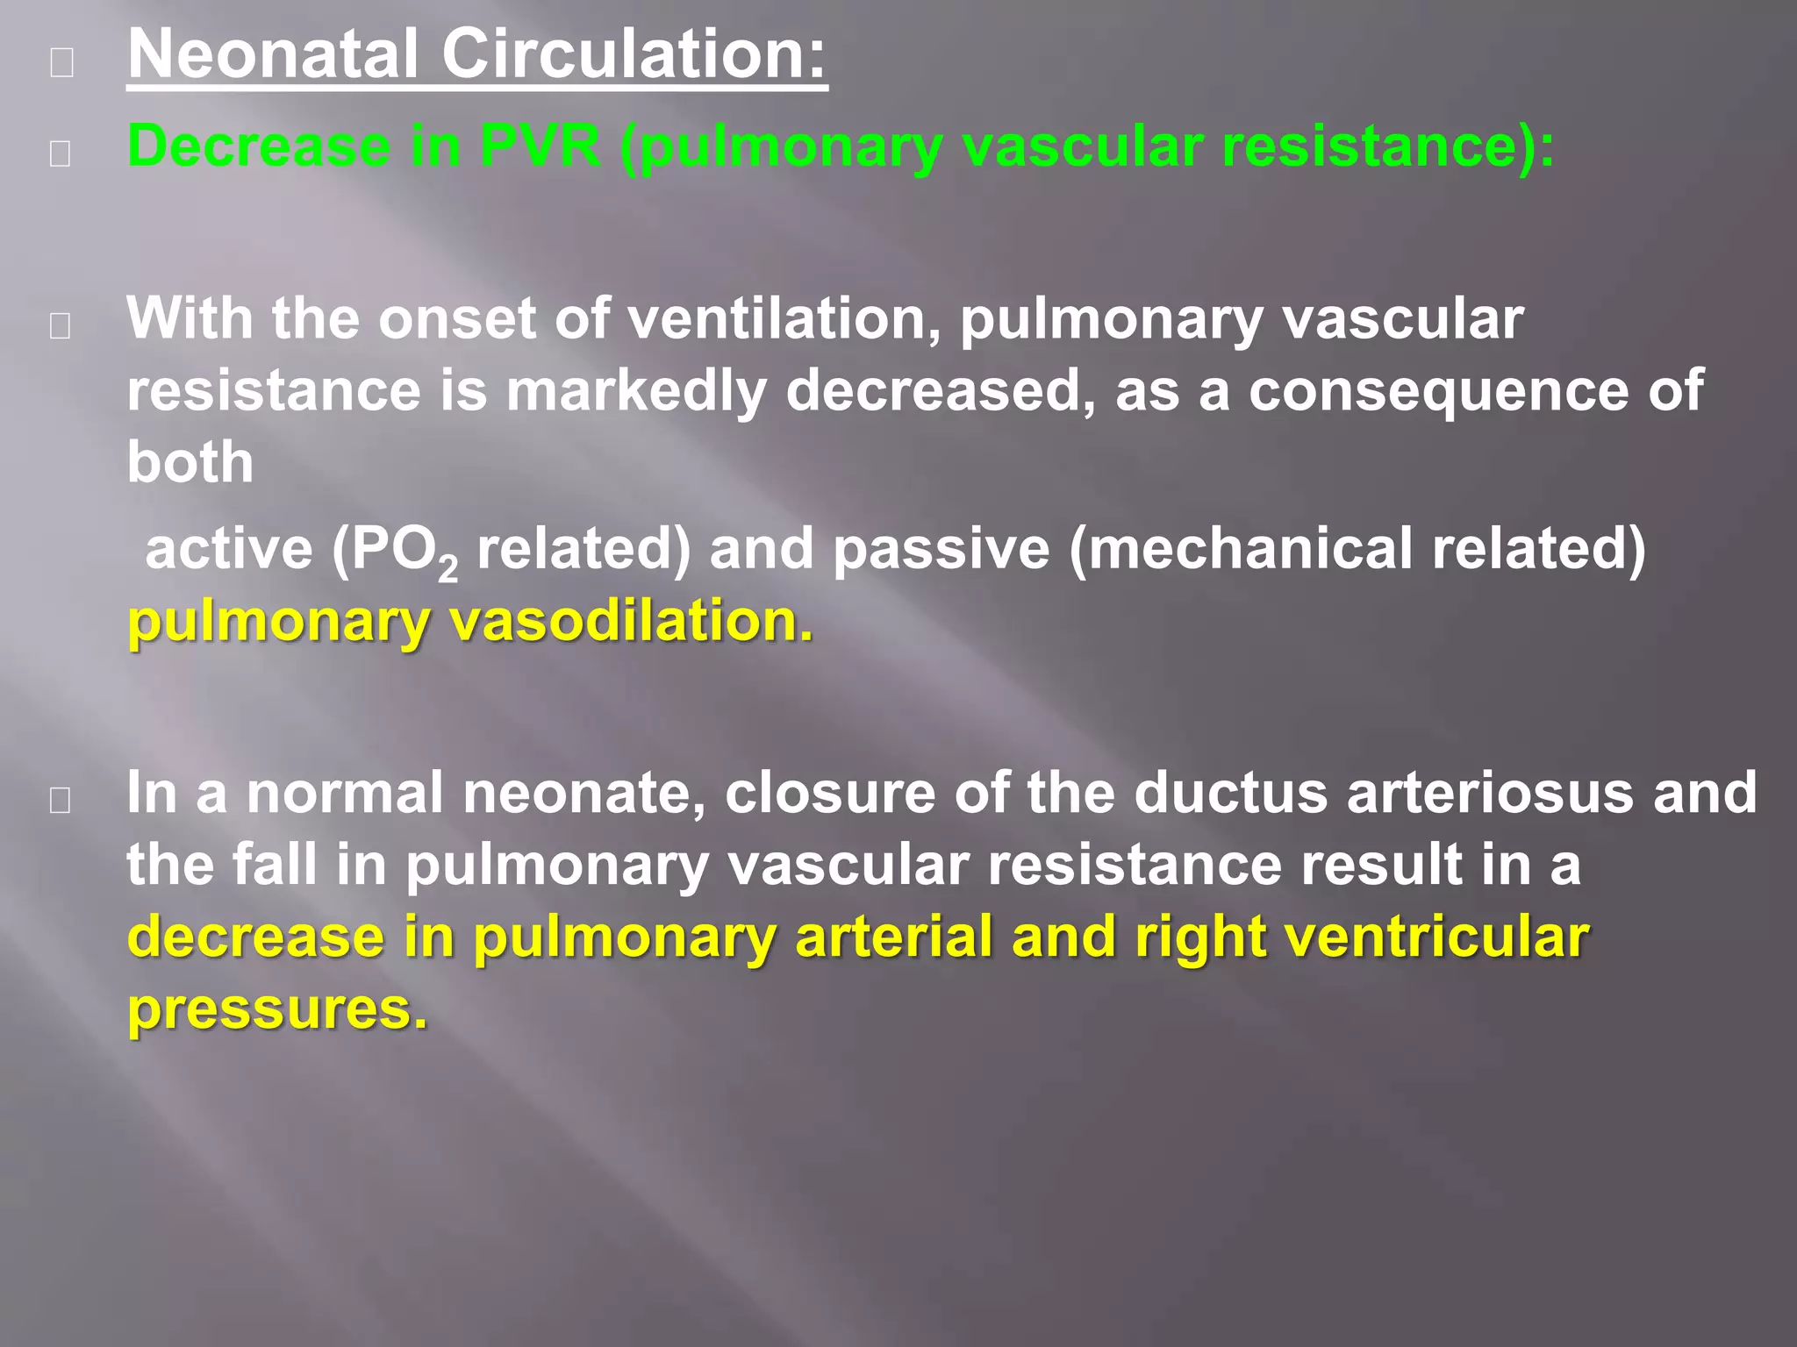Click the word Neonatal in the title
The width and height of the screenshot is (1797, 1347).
point(273,54)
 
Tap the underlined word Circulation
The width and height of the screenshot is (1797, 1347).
point(633,54)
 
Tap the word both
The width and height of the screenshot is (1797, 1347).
point(190,462)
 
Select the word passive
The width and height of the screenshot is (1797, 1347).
point(941,549)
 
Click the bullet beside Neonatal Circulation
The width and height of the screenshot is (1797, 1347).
point(61,62)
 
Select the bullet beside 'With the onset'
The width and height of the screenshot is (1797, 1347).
point(61,325)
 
